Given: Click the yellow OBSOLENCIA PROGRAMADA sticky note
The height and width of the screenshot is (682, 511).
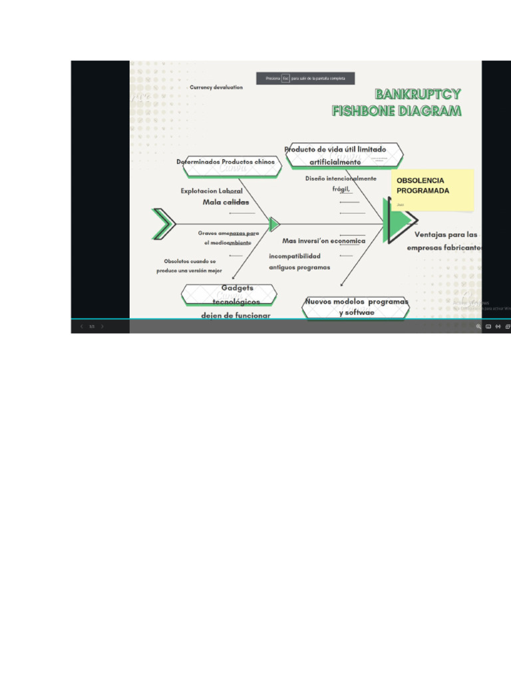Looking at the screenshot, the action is [x=432, y=189].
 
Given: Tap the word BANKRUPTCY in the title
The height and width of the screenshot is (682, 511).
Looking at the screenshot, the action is [x=417, y=95].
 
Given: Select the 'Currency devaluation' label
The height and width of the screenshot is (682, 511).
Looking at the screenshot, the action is [x=216, y=87].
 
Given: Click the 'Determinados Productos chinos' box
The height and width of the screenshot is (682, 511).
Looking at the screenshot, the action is [x=226, y=163].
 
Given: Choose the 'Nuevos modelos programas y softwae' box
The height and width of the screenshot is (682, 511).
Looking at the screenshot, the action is [x=356, y=307].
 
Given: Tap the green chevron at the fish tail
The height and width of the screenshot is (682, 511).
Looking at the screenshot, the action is [x=163, y=224].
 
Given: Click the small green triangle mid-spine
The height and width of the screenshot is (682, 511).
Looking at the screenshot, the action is [x=273, y=224].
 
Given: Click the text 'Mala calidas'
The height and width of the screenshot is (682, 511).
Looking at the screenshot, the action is [x=226, y=202].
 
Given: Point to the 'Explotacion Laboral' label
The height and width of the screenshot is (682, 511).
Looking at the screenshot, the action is [x=212, y=191].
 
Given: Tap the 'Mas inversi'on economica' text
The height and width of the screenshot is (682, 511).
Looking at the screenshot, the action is [x=323, y=241].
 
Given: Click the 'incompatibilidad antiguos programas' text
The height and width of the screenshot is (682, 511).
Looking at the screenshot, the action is [x=299, y=262].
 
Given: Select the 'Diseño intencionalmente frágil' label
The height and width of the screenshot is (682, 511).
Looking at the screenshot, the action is [x=341, y=184].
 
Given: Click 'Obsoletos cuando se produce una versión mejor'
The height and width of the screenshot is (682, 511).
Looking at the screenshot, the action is [x=190, y=266].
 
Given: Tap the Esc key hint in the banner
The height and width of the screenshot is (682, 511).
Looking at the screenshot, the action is [x=285, y=79].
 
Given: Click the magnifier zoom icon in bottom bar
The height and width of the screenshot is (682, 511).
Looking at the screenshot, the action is [x=478, y=326].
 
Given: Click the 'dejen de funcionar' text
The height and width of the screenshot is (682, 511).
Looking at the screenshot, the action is [x=236, y=315].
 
